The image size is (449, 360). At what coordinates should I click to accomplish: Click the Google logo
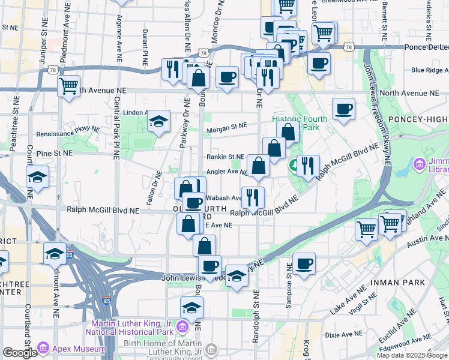(20, 353)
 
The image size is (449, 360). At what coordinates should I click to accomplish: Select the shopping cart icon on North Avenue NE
(69, 86)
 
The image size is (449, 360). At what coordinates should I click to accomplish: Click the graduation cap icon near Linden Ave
(158, 122)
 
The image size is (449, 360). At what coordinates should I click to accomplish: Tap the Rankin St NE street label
(225, 157)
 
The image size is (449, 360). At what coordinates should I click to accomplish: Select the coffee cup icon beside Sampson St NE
(304, 263)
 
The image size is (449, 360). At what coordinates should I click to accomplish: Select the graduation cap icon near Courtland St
(37, 178)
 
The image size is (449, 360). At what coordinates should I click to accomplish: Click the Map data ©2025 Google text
(412, 355)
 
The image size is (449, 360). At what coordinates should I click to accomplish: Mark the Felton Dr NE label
(155, 185)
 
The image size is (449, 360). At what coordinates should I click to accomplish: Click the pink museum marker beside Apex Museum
(42, 347)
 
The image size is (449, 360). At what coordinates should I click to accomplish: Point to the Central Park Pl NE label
(115, 129)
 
